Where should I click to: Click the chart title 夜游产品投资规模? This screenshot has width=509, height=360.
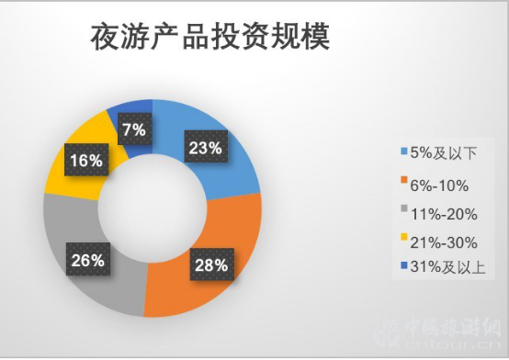click(x=211, y=38)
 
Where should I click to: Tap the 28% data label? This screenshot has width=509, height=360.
click(x=209, y=266)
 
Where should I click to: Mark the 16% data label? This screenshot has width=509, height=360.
click(x=85, y=162)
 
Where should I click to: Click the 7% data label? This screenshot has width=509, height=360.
click(x=134, y=129)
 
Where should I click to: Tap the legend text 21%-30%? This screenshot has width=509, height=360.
click(x=441, y=242)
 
